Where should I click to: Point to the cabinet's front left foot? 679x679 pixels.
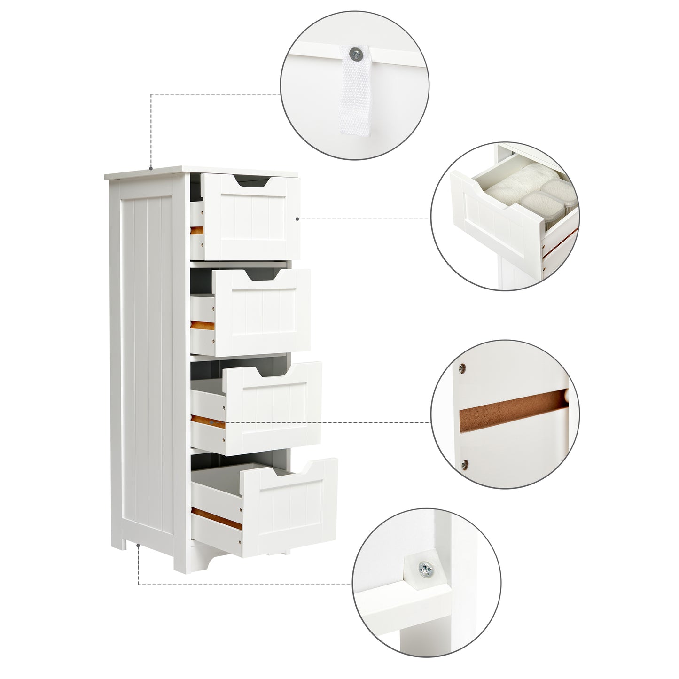pyautogui.click(x=182, y=561)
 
